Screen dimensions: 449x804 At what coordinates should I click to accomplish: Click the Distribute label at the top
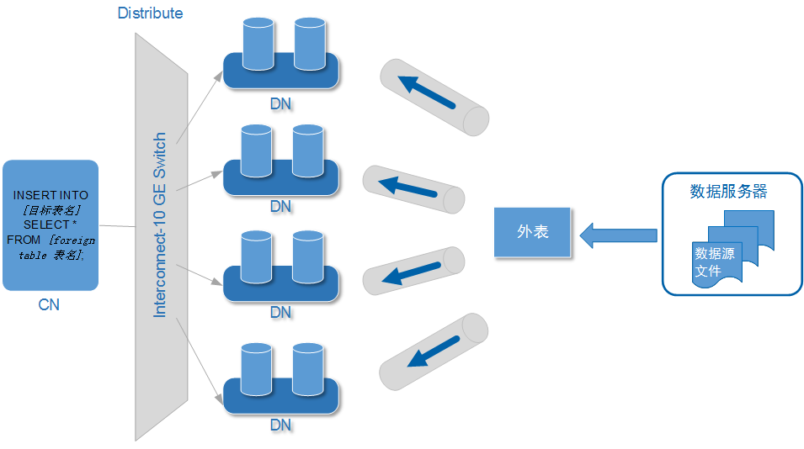point(150,13)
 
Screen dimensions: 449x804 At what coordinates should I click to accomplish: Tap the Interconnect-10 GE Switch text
point(160,225)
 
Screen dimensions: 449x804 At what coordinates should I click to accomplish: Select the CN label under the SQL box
point(49,304)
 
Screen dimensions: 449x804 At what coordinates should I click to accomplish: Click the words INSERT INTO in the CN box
point(51,195)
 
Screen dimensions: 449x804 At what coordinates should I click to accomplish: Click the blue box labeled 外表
point(532,231)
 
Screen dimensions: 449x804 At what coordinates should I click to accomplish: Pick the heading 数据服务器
point(728,192)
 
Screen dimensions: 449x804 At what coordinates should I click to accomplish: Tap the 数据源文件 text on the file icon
point(715,261)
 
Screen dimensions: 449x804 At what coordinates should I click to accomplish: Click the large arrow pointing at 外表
point(619,235)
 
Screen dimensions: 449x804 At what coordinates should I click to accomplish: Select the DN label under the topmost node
point(280,103)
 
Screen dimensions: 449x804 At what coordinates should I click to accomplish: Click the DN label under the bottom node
point(280,425)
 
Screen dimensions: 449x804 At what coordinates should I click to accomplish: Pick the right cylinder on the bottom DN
point(308,367)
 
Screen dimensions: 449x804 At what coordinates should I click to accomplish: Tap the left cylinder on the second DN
point(256,151)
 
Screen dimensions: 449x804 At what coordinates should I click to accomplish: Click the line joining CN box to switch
point(117,225)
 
